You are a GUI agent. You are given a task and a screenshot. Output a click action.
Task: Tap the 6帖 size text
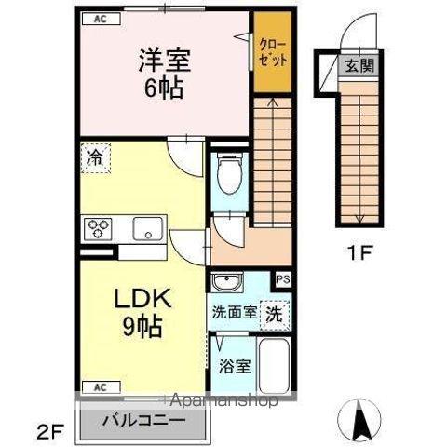(164, 90)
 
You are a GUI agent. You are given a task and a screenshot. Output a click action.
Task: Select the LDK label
(142, 300)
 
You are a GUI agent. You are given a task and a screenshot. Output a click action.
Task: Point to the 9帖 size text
(142, 328)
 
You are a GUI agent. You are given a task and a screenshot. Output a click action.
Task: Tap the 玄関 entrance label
(359, 66)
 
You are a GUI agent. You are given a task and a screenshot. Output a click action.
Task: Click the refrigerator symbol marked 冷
(94, 158)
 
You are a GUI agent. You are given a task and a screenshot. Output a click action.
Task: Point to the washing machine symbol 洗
(277, 313)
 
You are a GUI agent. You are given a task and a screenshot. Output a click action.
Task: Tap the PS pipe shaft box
(282, 278)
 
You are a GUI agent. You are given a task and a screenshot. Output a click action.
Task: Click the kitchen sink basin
(147, 227)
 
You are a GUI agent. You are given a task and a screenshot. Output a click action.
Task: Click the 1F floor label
(359, 252)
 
